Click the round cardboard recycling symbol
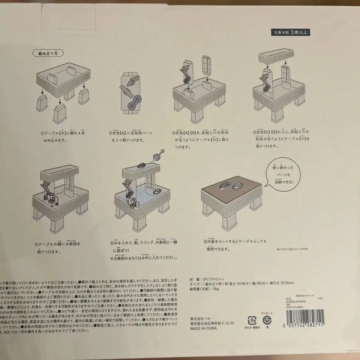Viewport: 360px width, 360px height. [267, 320]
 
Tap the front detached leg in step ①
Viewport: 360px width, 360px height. [59, 114]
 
